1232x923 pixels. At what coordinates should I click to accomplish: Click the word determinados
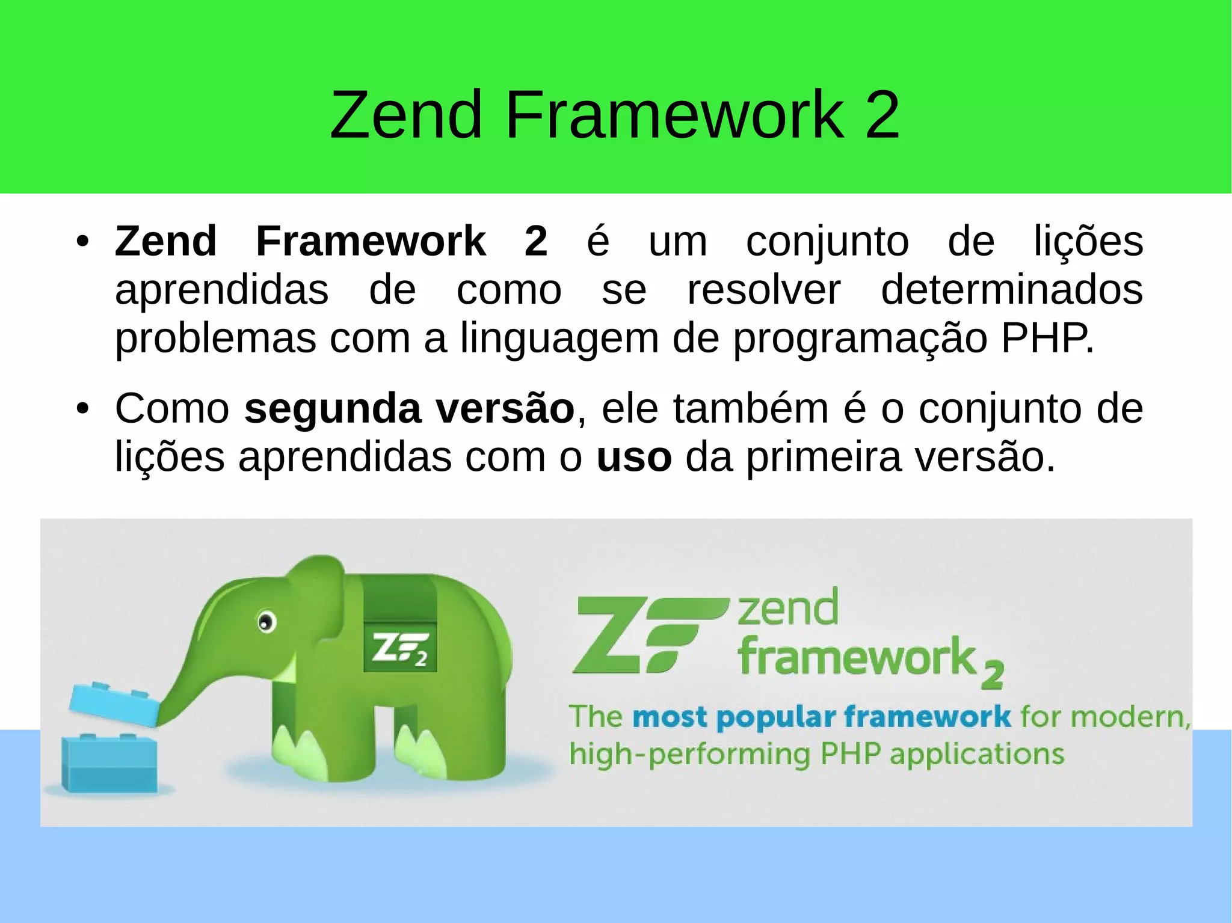1011,290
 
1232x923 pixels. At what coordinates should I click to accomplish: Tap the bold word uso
633,458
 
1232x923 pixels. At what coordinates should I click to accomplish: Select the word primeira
824,458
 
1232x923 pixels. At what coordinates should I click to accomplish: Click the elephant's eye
265,621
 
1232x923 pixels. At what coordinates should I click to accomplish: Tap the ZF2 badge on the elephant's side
400,649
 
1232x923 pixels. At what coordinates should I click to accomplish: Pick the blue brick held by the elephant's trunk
114,704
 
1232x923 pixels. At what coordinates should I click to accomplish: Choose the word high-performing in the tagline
689,754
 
